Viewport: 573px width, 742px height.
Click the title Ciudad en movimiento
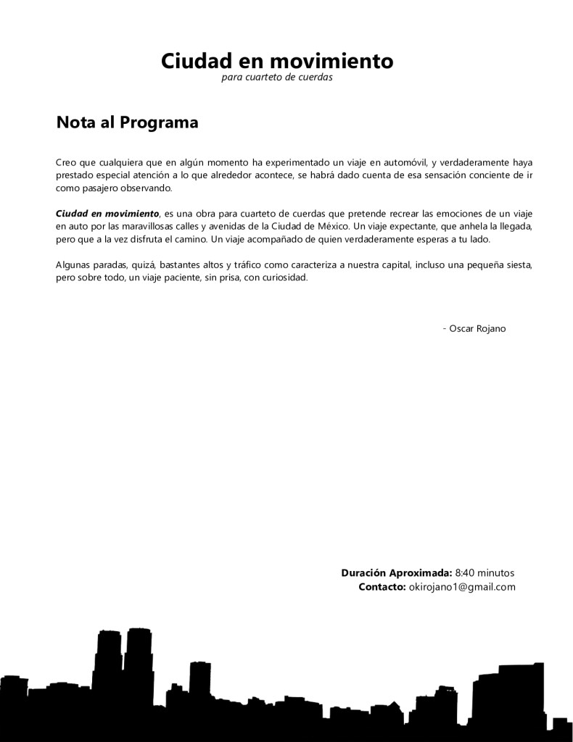[277, 61]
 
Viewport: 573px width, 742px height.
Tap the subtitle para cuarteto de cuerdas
[277, 78]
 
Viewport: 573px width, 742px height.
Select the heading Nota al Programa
[127, 122]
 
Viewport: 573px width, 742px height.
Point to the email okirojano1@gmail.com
[462, 587]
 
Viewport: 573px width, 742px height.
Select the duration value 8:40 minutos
[485, 572]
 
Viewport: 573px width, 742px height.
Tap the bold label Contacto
[382, 587]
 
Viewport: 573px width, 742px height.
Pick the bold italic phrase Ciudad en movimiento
[107, 214]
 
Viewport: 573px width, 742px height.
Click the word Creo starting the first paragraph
[66, 162]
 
